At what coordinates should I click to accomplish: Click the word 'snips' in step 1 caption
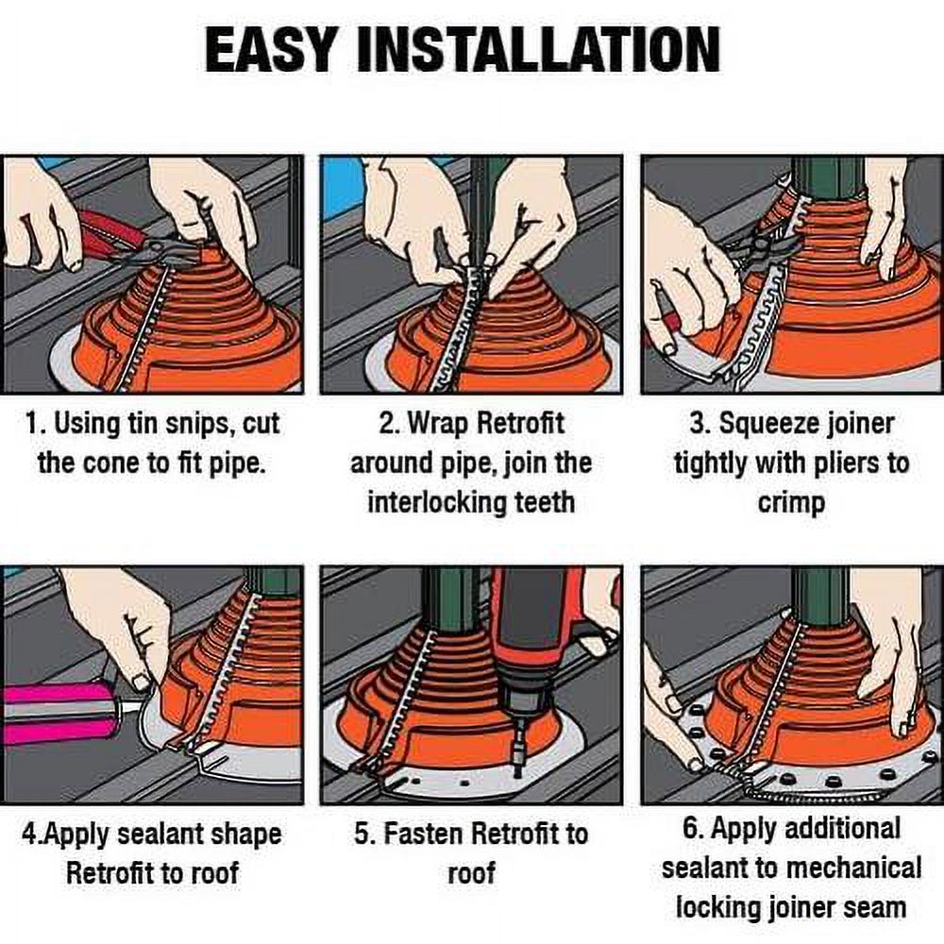tap(189, 423)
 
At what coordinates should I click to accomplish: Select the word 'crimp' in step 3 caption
tap(791, 502)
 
